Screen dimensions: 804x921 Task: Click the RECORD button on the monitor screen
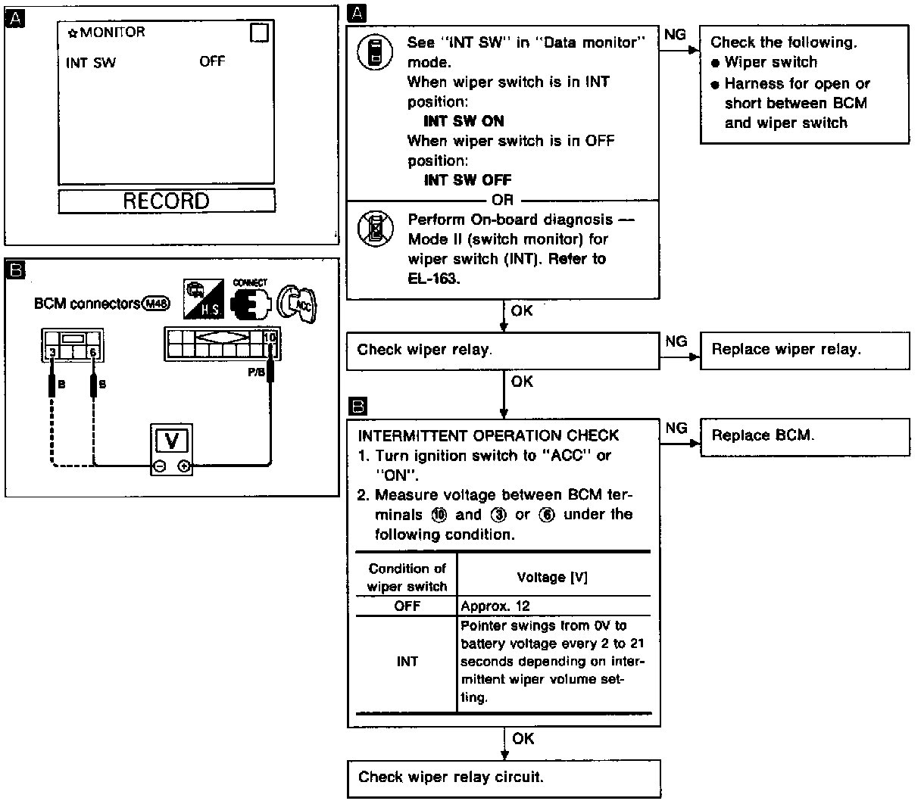166,201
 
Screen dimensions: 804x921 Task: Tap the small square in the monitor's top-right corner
259,33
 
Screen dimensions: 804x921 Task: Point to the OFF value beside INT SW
212,61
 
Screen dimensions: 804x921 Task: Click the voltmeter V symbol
172,440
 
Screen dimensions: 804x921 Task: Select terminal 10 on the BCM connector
269,337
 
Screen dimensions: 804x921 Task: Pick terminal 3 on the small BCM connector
51,352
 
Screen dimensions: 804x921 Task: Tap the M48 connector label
155,304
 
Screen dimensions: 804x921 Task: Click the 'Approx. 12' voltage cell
495,606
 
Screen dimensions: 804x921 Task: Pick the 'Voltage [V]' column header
552,577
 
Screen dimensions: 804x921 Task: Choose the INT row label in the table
407,662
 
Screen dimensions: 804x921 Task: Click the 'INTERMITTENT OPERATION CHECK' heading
488,435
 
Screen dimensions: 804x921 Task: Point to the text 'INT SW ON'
464,121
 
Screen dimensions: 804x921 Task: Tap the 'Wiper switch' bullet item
770,63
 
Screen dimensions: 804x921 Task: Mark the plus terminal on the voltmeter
184,467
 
